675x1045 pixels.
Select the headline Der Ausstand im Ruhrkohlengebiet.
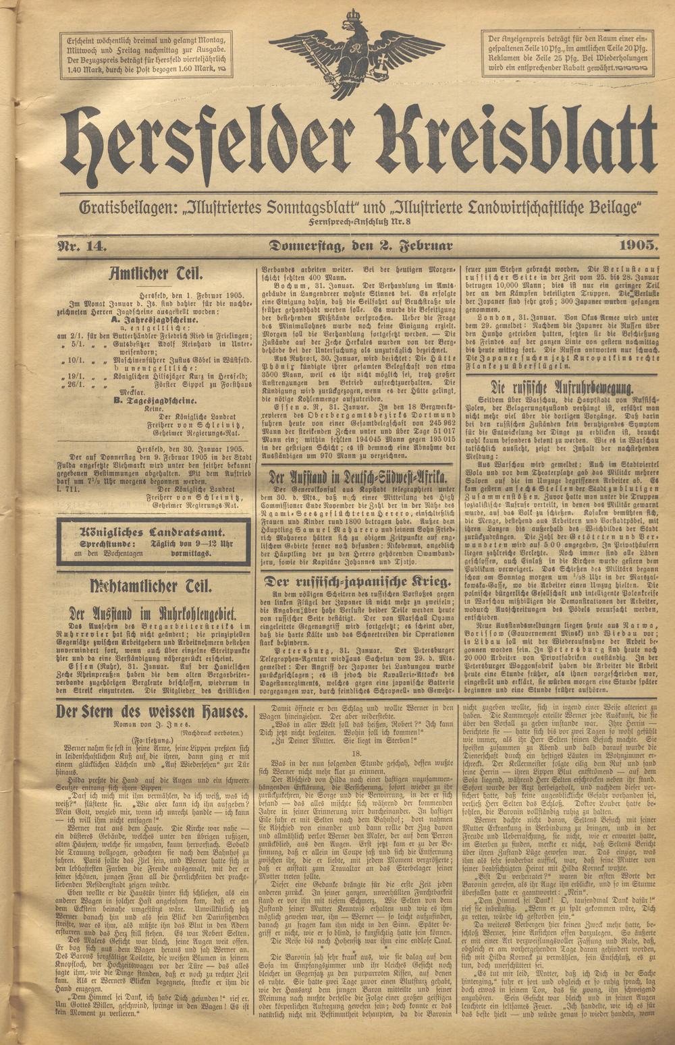coord(153,613)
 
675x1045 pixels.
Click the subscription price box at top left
coord(146,53)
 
